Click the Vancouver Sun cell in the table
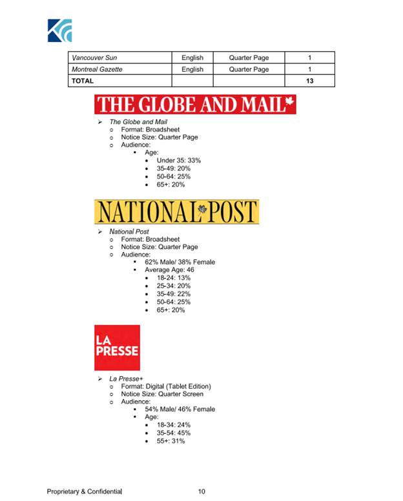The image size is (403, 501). tap(94, 58)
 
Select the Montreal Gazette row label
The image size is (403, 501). tap(97, 69)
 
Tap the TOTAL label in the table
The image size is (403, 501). tap(83, 81)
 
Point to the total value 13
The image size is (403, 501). tap(310, 81)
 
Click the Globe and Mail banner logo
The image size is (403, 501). tap(195, 105)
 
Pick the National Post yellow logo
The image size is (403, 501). tap(176, 212)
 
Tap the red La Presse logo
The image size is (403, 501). tap(117, 347)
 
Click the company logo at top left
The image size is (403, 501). tap(59, 30)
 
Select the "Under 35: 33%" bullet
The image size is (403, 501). tap(179, 160)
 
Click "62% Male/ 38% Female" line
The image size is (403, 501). tap(180, 262)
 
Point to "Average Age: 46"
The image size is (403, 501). tap(169, 270)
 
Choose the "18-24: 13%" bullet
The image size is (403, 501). tap(174, 278)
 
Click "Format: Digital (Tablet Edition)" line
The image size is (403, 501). tap(166, 386)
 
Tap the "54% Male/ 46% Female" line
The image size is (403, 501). tap(180, 409)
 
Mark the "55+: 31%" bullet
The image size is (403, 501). tap(170, 441)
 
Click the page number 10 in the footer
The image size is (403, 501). tap(201, 492)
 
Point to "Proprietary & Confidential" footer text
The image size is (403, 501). tap(84, 492)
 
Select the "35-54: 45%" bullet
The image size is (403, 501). tap(173, 433)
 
